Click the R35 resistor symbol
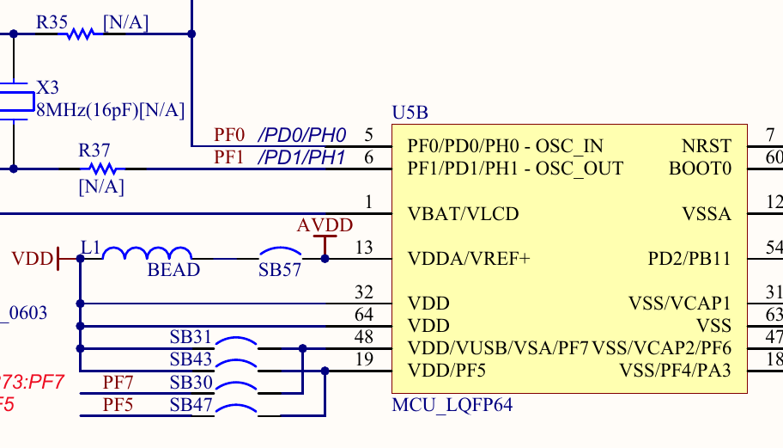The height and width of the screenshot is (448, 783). [80, 34]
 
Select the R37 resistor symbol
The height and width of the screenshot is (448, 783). [101, 169]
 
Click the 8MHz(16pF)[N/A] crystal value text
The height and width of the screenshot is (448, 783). [110, 109]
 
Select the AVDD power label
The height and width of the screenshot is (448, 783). [325, 226]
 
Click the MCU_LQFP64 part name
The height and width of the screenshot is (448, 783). [452, 405]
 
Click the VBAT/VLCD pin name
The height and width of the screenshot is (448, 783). [463, 213]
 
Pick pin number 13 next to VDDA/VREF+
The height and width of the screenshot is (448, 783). [364, 249]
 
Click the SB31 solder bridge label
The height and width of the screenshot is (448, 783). [191, 336]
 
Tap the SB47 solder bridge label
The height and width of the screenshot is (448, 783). [191, 403]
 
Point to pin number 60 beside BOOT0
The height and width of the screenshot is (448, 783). [774, 157]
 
